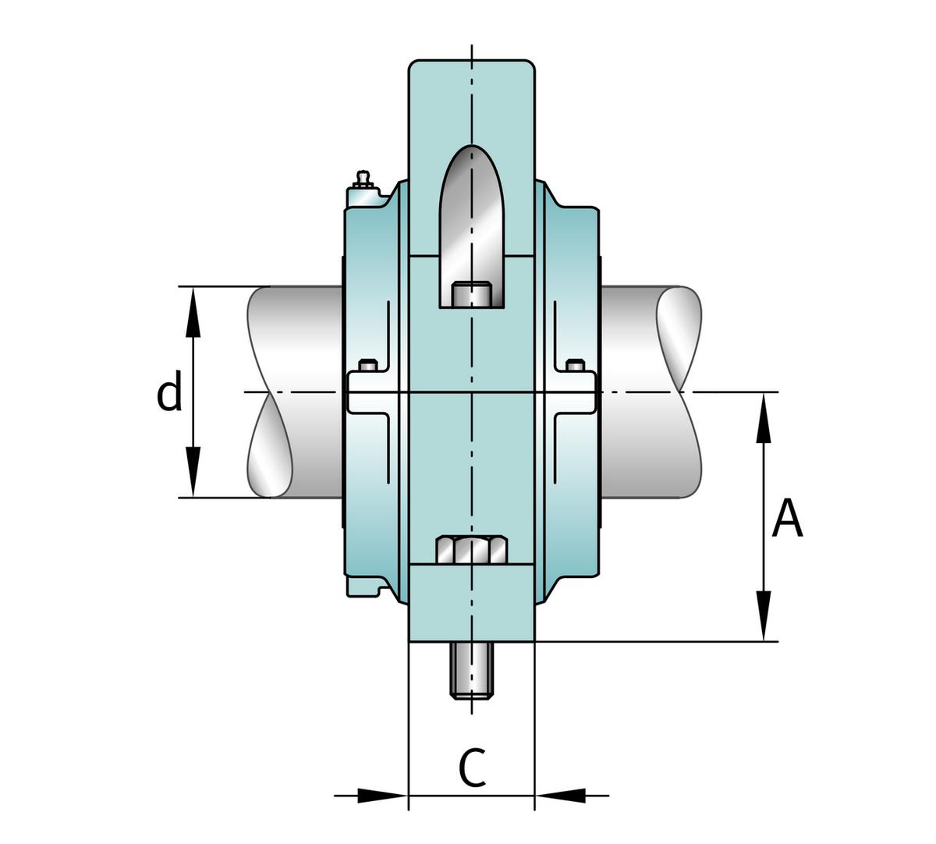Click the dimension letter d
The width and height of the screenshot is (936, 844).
coord(169,394)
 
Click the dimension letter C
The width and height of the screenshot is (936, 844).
coord(472,768)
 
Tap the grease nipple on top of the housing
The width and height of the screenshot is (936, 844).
coord(362,180)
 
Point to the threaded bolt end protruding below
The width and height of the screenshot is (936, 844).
coord(471,671)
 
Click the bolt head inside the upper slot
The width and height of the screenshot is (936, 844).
coord(472,296)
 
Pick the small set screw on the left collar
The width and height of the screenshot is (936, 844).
coord(367,365)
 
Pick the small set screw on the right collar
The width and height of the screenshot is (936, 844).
coord(576,365)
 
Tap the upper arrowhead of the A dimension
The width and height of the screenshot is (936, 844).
coord(764,417)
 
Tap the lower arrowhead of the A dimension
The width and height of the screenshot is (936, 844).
coord(764,616)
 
